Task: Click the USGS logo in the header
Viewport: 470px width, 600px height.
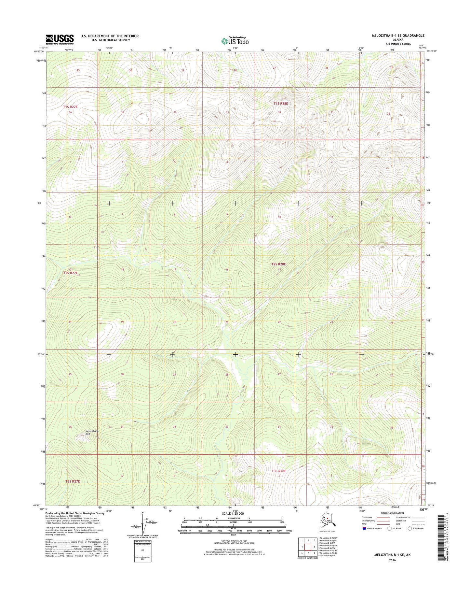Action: tap(60, 39)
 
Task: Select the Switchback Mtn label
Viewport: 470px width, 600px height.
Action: tap(91, 432)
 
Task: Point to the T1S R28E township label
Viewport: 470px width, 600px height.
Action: tap(281, 104)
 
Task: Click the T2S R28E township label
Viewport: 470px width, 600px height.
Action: tap(278, 264)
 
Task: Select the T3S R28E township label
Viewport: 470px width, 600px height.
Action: tap(279, 471)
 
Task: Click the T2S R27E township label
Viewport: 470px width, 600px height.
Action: tap(71, 273)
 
